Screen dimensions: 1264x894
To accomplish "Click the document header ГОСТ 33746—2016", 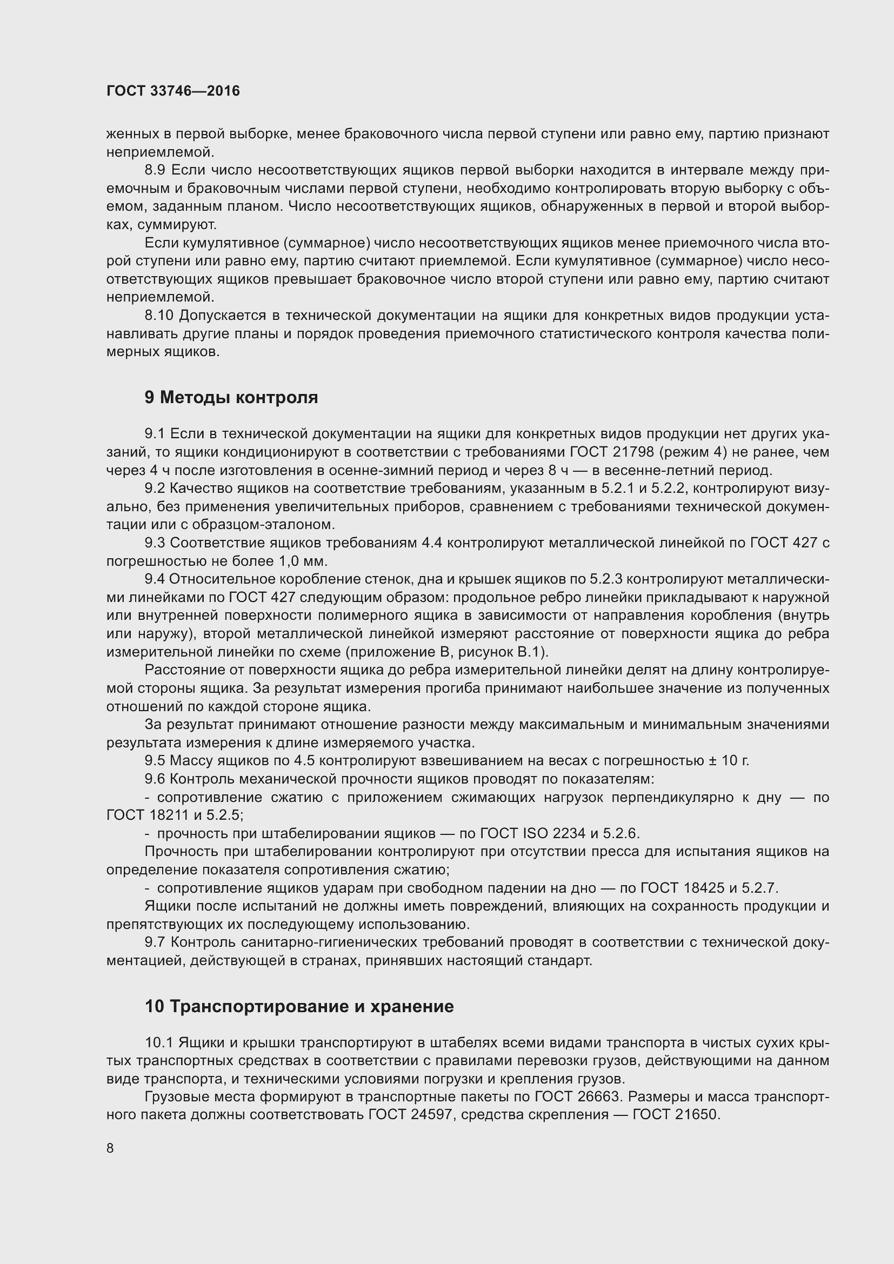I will (x=173, y=91).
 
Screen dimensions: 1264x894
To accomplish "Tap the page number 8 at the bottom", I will (x=110, y=1148).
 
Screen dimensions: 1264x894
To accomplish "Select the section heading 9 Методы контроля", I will (x=231, y=398).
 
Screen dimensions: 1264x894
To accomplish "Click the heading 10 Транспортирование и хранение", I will (x=299, y=1006).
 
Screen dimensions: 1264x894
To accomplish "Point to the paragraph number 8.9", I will (x=155, y=170).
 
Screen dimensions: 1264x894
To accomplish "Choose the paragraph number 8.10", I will (x=159, y=316).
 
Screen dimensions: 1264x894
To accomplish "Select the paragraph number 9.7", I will (x=155, y=942).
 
